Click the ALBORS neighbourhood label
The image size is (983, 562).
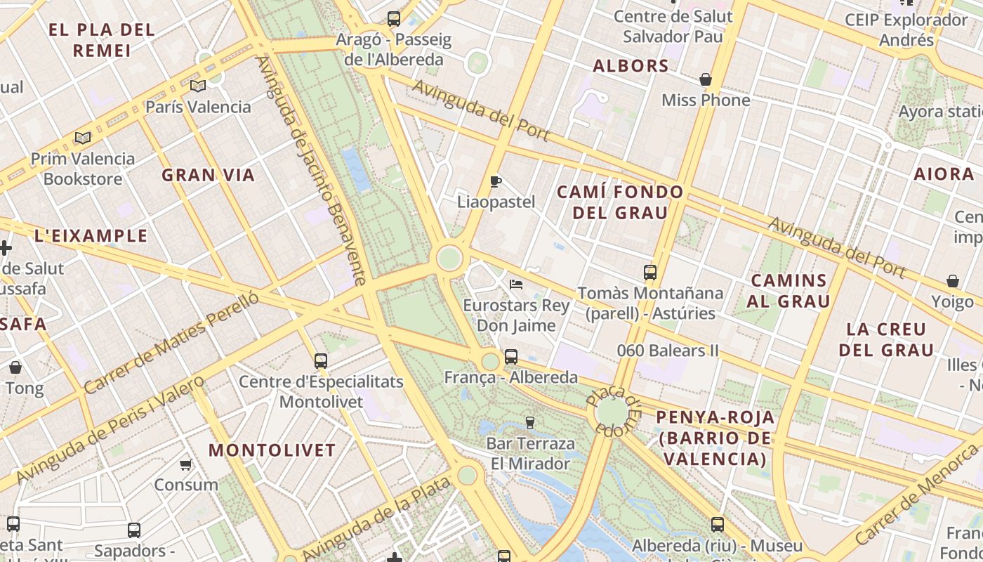click(x=631, y=66)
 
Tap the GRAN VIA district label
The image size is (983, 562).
click(x=208, y=175)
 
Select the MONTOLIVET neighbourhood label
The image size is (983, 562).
click(x=272, y=450)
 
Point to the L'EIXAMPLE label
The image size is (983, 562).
click(x=91, y=235)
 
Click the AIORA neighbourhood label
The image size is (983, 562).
click(x=944, y=174)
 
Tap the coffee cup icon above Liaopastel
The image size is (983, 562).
click(x=496, y=182)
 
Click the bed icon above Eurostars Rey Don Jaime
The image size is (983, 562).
click(x=516, y=285)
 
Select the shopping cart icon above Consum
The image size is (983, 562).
click(x=186, y=464)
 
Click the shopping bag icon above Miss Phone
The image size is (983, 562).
click(x=705, y=79)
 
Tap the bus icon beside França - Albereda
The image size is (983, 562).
click(x=511, y=357)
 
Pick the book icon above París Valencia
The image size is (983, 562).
click(x=198, y=86)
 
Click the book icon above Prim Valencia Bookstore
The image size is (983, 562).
click(x=83, y=138)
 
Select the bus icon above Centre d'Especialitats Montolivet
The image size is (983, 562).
click(x=321, y=361)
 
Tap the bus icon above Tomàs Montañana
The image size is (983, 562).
click(x=650, y=272)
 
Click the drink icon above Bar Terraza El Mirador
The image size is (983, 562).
click(x=530, y=422)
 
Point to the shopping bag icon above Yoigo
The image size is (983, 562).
click(x=953, y=282)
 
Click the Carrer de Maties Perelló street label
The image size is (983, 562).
click(x=171, y=342)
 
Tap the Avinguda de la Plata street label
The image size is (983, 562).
click(x=376, y=519)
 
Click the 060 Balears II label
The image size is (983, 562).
click(x=668, y=350)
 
